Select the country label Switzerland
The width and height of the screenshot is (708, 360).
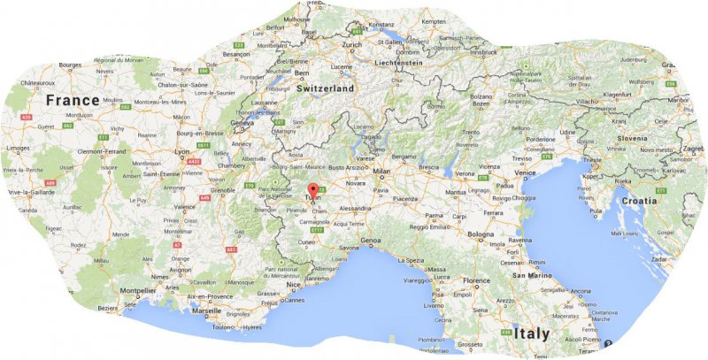pos(324,89)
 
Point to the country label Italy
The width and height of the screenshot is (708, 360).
pos(531,333)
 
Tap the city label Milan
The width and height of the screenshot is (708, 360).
pos(381,171)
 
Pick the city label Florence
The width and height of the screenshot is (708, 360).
pos(475,281)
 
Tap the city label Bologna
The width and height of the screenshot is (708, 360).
pos(481,234)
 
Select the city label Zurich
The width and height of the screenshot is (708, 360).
pos(352,44)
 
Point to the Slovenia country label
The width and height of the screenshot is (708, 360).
pos(632,138)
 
